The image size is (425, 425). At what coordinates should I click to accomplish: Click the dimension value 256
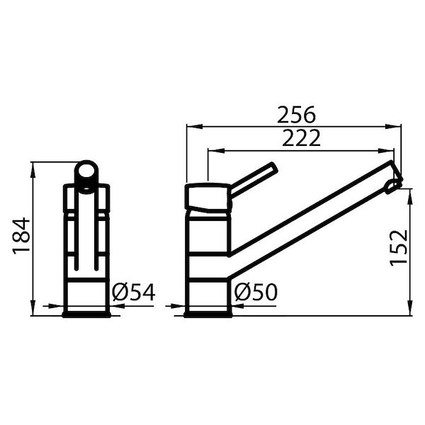pyautogui.click(x=296, y=115)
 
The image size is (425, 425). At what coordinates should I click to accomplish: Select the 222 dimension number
pyautogui.click(x=301, y=138)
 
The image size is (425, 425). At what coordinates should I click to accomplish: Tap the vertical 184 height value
pyautogui.click(x=21, y=235)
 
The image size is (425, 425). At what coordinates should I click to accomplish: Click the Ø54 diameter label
pyautogui.click(x=133, y=293)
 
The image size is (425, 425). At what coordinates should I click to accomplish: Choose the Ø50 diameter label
pyautogui.click(x=256, y=292)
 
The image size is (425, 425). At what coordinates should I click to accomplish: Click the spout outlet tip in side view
pyautogui.click(x=394, y=183)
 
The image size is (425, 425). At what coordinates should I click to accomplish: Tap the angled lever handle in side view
pyautogui.click(x=254, y=180)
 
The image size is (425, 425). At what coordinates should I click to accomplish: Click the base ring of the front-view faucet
pyautogui.click(x=86, y=312)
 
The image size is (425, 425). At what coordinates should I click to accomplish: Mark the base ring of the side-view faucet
pyautogui.click(x=208, y=312)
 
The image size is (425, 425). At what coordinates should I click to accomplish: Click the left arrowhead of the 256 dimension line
pyautogui.click(x=190, y=127)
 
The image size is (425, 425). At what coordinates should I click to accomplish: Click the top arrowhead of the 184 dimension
pyautogui.click(x=33, y=166)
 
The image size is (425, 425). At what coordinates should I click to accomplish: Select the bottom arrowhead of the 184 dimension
pyautogui.click(x=33, y=312)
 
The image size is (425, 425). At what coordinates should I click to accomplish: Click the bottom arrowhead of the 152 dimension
pyautogui.click(x=410, y=312)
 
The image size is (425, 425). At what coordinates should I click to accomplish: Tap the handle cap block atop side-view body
pyautogui.click(x=208, y=197)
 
